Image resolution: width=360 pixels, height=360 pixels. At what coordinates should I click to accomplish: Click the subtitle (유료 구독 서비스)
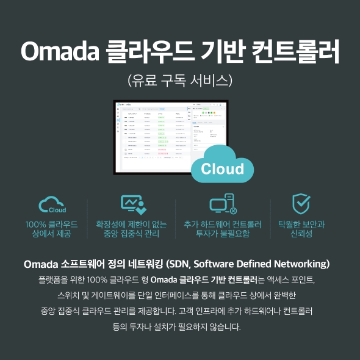[180, 81]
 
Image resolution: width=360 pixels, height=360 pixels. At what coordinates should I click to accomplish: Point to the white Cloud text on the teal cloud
[222, 168]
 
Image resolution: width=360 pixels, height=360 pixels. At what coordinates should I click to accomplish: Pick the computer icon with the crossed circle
[223, 204]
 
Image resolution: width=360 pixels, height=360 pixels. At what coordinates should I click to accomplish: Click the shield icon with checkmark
[301, 204]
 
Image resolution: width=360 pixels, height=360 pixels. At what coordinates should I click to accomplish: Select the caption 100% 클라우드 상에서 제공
[52, 229]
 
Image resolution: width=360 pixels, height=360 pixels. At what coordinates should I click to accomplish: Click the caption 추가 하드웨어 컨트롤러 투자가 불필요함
[223, 229]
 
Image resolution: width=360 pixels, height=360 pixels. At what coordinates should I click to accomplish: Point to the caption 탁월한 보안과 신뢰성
[301, 229]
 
